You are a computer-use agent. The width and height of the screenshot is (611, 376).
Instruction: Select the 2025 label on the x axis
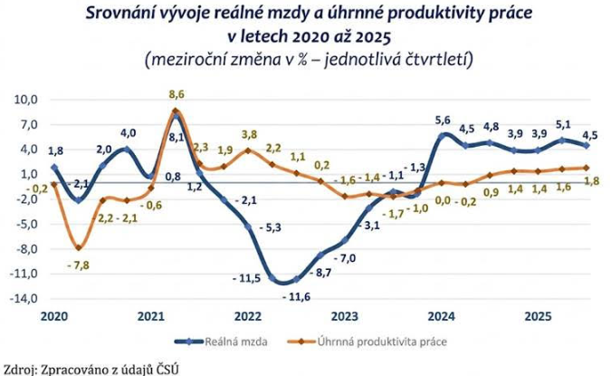tap(540, 316)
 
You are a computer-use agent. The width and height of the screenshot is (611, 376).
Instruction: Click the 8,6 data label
tap(177, 94)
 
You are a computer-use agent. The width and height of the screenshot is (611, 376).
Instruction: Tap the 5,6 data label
tap(443, 121)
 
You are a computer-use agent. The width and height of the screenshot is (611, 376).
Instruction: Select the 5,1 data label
tap(563, 124)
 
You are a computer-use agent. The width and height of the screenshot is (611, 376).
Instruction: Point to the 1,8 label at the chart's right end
tap(594, 181)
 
